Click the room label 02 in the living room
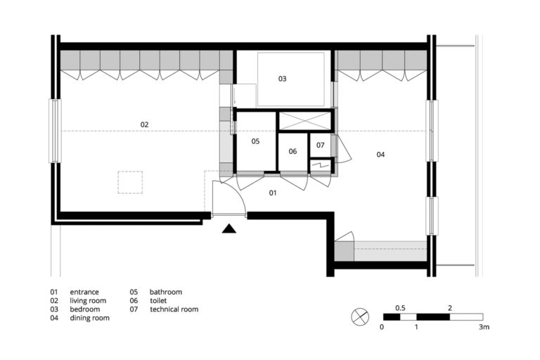point(144,124)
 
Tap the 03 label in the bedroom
point(282,79)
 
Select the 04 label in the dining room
point(380,154)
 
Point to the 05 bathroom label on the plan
point(255,141)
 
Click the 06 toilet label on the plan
point(292,151)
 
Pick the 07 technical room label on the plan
point(320,145)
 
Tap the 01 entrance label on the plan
point(274,192)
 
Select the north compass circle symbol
point(359,317)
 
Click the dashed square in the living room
point(130,182)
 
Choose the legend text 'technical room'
point(174,309)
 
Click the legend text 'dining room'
point(89,318)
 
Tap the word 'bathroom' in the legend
point(165,292)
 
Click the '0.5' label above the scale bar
point(400,308)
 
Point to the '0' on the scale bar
point(382,327)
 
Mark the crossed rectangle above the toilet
point(304,120)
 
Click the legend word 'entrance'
point(84,292)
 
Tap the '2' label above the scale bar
point(449,308)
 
